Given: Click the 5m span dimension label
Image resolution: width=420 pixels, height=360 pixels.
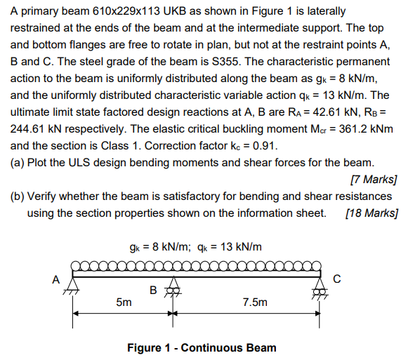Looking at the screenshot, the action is [123, 303].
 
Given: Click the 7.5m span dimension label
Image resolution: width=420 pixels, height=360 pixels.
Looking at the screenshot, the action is [254, 303].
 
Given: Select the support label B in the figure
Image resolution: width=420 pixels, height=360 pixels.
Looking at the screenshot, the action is [153, 288].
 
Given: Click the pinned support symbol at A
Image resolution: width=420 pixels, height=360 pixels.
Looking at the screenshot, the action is [73, 288].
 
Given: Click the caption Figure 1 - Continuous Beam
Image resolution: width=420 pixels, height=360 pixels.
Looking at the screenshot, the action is [202, 347].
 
